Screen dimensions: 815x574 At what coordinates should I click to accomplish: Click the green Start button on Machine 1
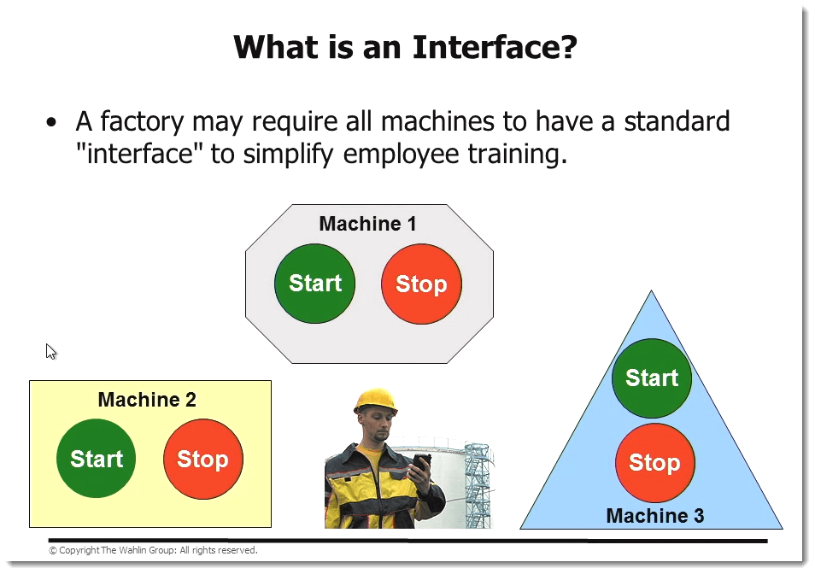(x=315, y=284)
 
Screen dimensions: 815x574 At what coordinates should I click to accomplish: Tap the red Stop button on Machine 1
(x=421, y=284)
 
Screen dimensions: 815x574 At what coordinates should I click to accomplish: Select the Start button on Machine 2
(x=97, y=459)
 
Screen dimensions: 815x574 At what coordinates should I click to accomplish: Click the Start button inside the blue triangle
(x=652, y=378)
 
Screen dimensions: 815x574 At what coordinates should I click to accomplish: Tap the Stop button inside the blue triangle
(x=655, y=463)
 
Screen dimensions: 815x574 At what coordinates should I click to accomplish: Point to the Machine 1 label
(x=367, y=224)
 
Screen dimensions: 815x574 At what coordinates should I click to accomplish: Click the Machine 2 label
(x=147, y=400)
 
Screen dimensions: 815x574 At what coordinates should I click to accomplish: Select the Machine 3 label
(x=655, y=516)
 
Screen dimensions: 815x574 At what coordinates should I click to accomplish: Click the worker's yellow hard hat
(x=375, y=401)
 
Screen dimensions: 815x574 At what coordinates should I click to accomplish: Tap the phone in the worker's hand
(x=421, y=463)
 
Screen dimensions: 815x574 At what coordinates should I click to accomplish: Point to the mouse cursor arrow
(x=50, y=352)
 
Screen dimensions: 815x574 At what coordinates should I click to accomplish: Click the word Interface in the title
(x=495, y=47)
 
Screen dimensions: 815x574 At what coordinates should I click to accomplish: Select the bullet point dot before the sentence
(x=51, y=123)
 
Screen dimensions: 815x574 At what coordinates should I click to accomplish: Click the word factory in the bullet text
(x=142, y=122)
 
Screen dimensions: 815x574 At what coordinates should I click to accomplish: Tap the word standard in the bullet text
(x=677, y=121)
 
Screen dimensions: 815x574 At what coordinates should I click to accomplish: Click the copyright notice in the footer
(x=153, y=550)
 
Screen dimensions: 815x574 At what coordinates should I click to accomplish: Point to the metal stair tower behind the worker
(x=478, y=484)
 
